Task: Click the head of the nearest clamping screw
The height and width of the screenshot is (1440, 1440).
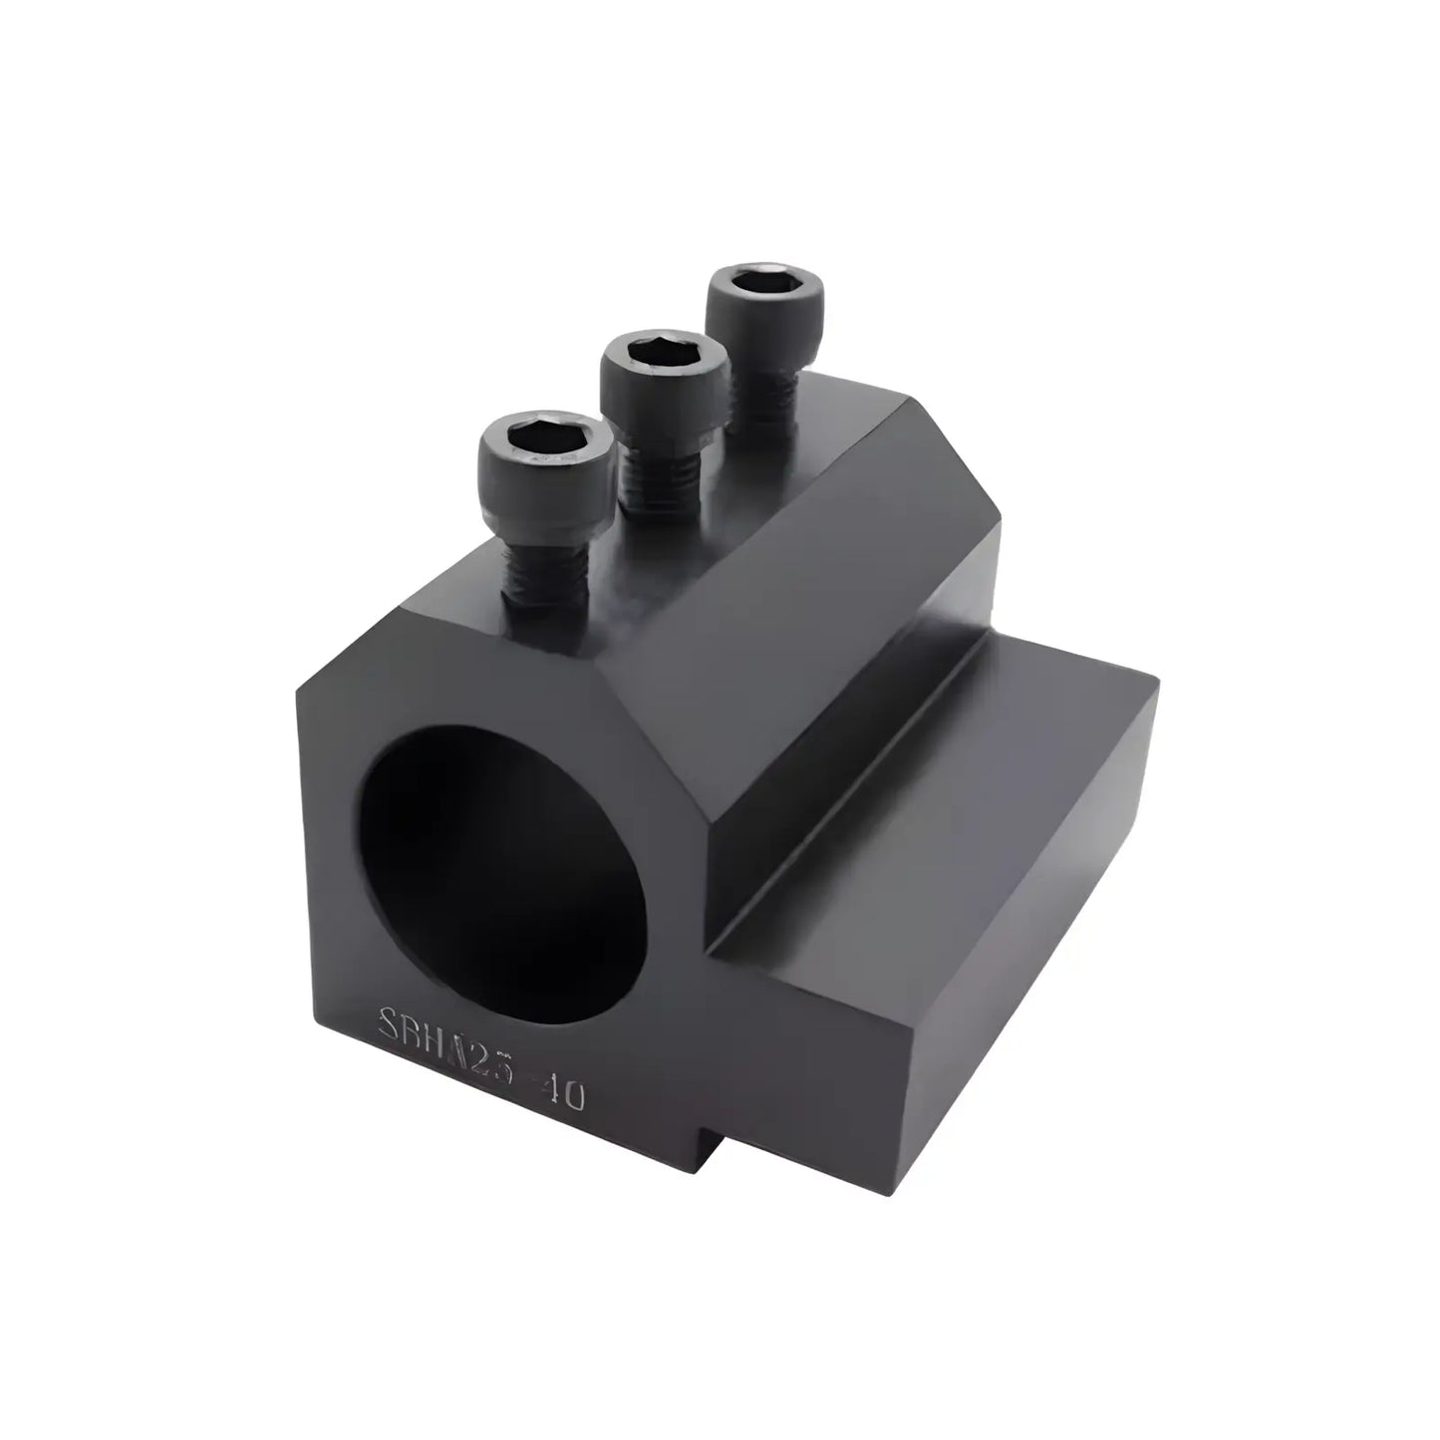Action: tap(543, 453)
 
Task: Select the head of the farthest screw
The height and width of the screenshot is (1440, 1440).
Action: tap(765, 300)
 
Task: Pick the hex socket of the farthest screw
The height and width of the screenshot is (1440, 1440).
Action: tap(766, 281)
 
